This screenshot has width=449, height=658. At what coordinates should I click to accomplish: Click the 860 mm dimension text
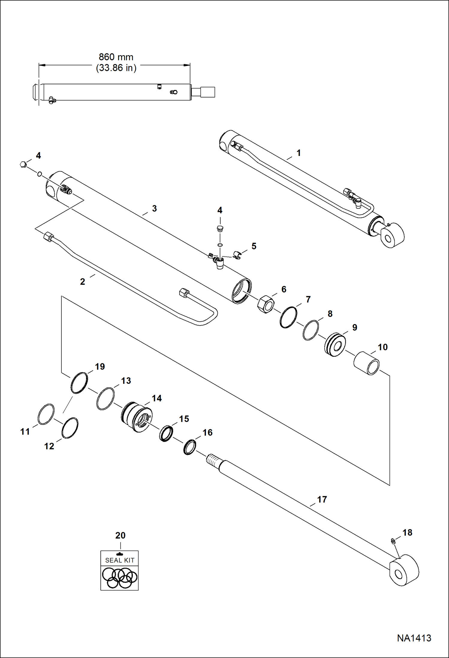[x=116, y=57]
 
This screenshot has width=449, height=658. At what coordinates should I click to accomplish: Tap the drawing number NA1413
[x=414, y=638]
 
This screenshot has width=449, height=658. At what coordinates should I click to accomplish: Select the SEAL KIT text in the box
[x=120, y=560]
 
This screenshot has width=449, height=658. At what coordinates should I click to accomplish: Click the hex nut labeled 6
[x=266, y=304]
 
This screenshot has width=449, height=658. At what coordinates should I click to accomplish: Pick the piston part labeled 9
[x=335, y=345]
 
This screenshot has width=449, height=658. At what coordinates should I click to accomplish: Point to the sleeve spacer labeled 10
[x=367, y=363]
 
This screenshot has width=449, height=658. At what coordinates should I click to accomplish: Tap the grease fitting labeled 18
[x=394, y=541]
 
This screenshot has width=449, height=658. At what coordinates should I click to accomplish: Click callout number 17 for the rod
[x=322, y=499]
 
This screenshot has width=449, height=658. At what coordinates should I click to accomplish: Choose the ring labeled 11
[x=46, y=414]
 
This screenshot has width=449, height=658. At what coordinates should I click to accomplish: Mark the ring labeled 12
[x=70, y=428]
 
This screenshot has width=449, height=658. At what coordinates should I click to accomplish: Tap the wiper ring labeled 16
[x=190, y=447]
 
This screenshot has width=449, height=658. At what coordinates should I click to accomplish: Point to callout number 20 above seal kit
[x=120, y=536]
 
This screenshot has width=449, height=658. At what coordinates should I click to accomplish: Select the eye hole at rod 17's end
[x=399, y=574]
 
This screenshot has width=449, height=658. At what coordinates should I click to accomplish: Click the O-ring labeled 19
[x=79, y=383]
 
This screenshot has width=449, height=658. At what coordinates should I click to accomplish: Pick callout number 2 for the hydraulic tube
[x=82, y=282]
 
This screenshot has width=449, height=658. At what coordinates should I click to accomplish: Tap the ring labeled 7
[x=288, y=317]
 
